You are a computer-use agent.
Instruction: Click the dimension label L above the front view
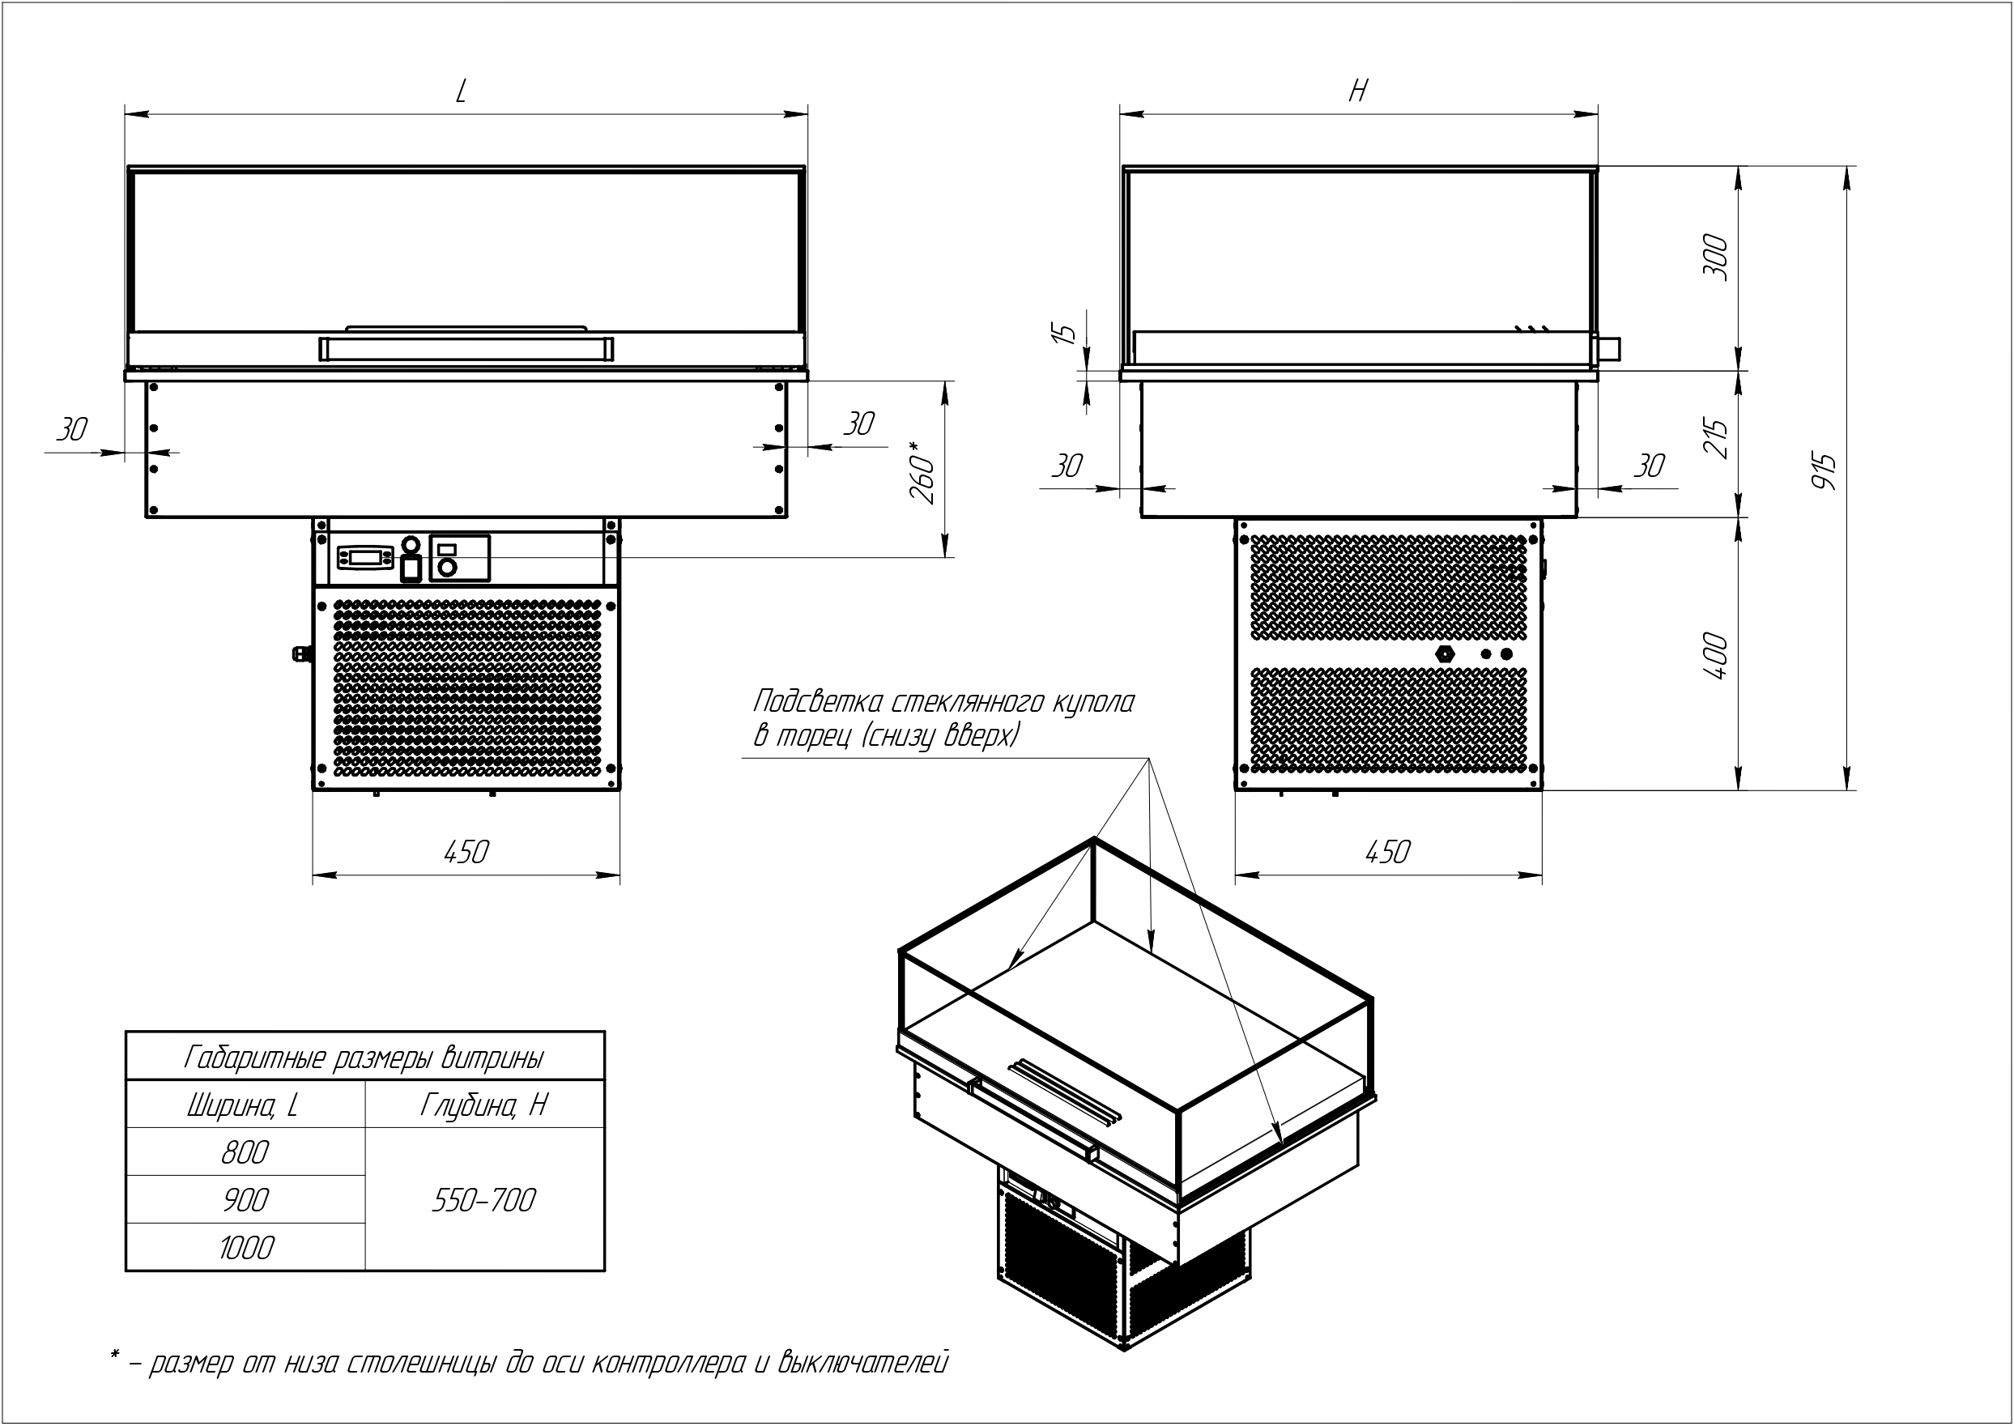coord(461,92)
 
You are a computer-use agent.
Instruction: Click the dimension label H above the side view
coord(1358,91)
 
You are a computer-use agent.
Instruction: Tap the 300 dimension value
coord(1715,258)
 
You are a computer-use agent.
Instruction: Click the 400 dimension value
coord(1715,655)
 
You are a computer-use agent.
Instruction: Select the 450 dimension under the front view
coord(466,852)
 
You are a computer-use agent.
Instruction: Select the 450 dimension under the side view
coord(1387,852)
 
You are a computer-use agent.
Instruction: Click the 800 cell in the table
coord(245,1152)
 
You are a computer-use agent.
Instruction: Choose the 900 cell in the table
coord(245,1199)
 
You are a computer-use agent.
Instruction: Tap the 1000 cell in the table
coord(246,1248)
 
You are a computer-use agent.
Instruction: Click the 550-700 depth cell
coord(483,1199)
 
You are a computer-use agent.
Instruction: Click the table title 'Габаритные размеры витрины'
coord(364,1058)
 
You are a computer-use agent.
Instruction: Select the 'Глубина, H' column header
coord(483,1105)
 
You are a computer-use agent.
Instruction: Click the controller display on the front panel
coord(365,556)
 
